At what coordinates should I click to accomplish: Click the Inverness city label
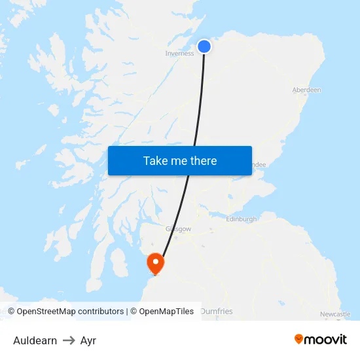[179, 54]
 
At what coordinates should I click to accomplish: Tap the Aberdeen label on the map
[306, 90]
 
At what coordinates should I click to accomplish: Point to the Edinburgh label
[241, 219]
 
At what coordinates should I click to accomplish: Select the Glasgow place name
[178, 230]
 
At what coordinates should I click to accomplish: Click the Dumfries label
[216, 312]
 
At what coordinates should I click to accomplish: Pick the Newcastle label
[335, 315]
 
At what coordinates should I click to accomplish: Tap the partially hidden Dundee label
[258, 166]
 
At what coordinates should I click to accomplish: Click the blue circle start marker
[204, 46]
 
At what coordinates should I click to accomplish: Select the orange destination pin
[156, 263]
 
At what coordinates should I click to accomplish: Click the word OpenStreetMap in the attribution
[46, 312]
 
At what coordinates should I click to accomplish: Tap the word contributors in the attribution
[101, 312]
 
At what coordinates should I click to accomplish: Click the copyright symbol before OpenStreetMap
[12, 312]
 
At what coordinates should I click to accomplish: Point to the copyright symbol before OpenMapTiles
[134, 312]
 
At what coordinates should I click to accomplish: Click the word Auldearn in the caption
[35, 340]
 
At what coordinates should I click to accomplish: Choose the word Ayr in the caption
[88, 340]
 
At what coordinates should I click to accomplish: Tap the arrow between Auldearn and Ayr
[69, 340]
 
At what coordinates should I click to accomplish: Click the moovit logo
[321, 339]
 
